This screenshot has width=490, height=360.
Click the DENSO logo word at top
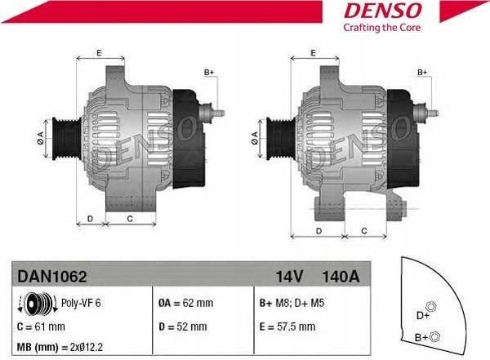382,11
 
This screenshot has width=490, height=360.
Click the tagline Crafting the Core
382,28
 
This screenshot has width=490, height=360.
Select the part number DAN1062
52,277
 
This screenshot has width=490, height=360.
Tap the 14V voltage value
289,277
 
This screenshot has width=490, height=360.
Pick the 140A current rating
341,277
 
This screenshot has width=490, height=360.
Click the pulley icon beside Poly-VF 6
38,303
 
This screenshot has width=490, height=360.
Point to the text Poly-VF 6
81,303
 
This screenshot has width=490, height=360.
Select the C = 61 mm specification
41,327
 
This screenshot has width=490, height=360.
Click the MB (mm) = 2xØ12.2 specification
60,347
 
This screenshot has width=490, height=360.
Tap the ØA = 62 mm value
185,303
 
